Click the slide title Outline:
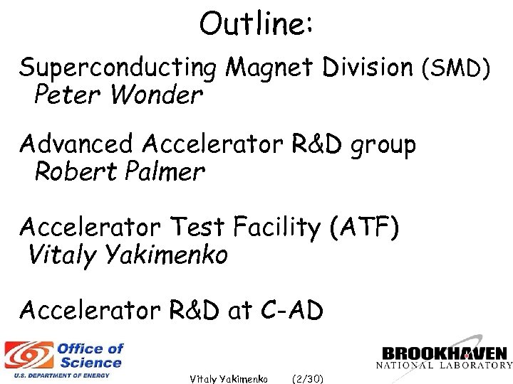point(256,24)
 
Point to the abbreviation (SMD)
point(457,68)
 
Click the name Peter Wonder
point(118,95)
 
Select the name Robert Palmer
point(120,171)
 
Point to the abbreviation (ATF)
point(365,228)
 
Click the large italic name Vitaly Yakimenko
point(128,254)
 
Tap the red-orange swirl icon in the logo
point(28,355)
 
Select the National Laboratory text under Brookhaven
point(445,366)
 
